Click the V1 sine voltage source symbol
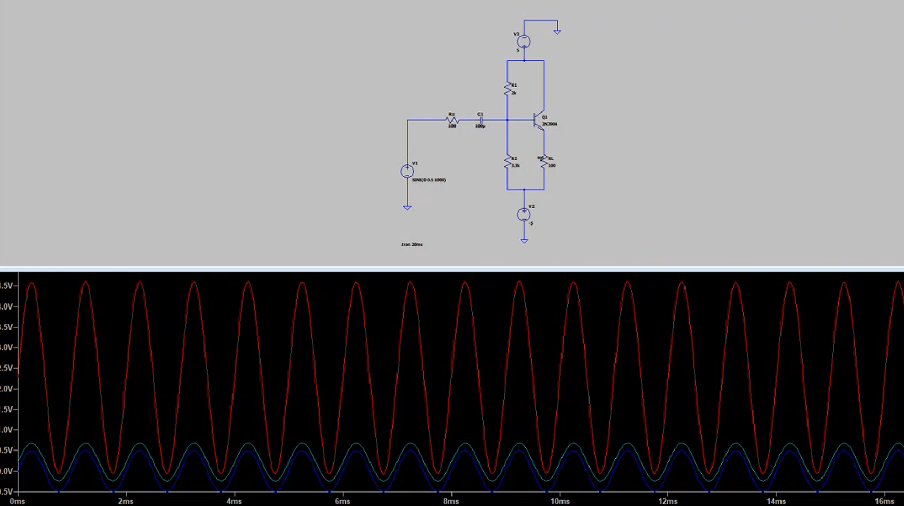407,171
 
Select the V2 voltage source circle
524,214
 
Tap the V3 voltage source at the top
524,41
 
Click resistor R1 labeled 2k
508,89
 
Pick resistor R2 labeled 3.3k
508,162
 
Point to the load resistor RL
544,162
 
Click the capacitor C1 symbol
481,120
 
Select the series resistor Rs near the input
452,120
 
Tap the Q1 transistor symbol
538,120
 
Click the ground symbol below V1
407,208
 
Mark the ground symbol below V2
524,241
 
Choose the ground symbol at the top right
557,32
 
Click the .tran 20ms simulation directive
412,244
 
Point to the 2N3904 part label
550,124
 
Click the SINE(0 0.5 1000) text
429,180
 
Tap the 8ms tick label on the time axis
451,501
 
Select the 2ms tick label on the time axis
126,501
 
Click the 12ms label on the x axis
668,501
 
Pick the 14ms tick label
776,501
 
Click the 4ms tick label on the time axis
234,501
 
